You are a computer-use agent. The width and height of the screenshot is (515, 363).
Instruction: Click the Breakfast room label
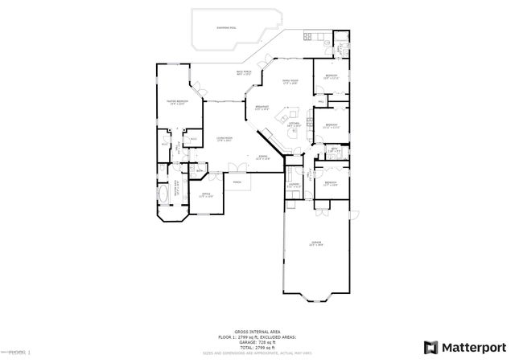[x=262, y=108]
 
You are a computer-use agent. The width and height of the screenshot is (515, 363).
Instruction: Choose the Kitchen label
[x=295, y=124]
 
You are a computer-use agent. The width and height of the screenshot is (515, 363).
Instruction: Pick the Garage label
[x=318, y=243]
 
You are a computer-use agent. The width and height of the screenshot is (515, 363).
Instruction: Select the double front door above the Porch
[x=237, y=167]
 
